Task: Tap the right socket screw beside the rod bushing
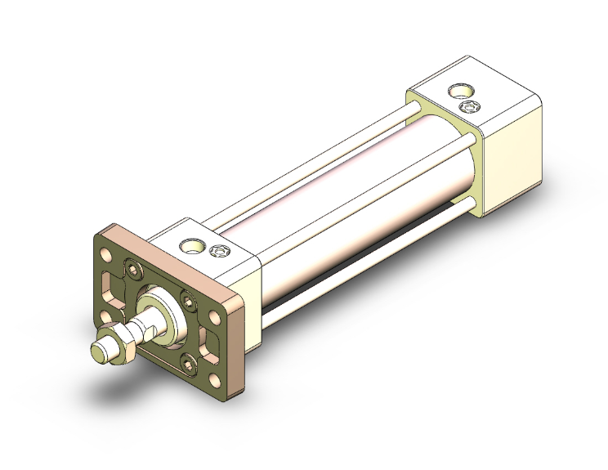[189, 301]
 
